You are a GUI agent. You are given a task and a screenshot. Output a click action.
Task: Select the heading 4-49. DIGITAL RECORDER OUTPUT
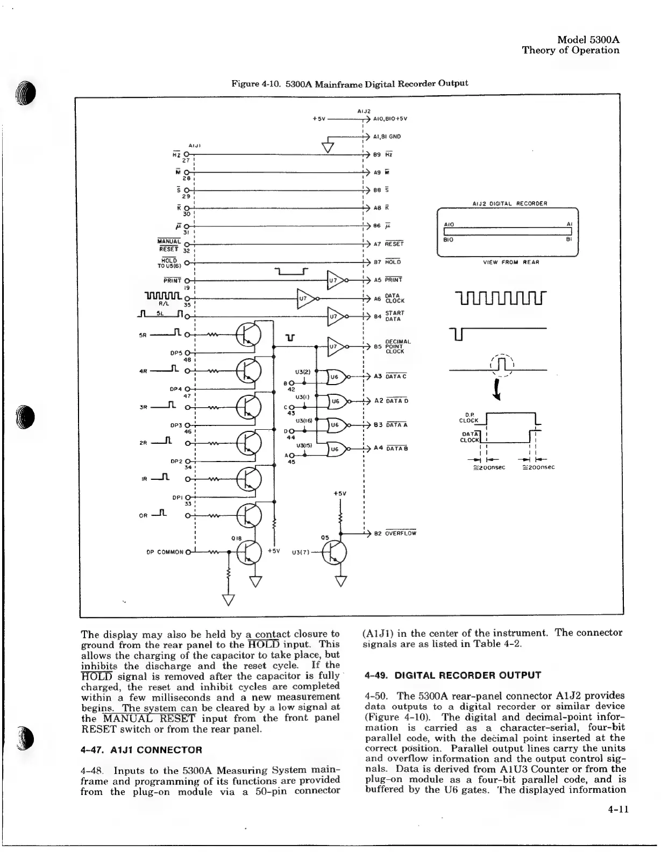coord(452,675)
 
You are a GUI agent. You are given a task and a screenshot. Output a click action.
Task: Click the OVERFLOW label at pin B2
coord(400,534)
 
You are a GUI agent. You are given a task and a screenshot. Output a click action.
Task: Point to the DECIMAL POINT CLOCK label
coord(398,346)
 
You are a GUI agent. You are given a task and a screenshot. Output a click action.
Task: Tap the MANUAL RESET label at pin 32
coord(169,244)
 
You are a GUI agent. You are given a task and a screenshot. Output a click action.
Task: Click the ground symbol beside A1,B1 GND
coord(326,146)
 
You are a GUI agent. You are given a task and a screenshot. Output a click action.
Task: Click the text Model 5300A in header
coord(588,39)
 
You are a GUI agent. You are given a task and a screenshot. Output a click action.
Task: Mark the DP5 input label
coord(176,353)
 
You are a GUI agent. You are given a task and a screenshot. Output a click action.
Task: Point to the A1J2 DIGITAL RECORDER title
coord(509,203)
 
